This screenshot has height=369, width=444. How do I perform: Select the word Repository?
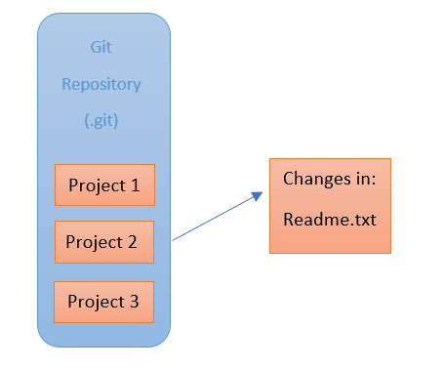tap(101, 84)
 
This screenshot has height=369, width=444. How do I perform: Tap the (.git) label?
tap(102, 121)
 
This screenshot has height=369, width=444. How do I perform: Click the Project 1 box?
tap(104, 184)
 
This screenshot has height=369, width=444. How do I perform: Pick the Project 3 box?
tap(103, 302)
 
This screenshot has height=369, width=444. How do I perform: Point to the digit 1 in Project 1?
tap(136, 184)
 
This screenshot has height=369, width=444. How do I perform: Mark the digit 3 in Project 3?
tap(134, 302)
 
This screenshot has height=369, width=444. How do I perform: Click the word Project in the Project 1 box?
tap(96, 184)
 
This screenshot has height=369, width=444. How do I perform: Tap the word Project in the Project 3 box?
tap(95, 302)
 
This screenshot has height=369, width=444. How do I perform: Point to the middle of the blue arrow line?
tap(217, 217)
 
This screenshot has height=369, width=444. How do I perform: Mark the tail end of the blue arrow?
tap(174, 239)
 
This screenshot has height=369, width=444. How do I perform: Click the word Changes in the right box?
tap(314, 180)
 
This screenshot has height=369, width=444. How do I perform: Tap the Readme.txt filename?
tap(329, 219)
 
